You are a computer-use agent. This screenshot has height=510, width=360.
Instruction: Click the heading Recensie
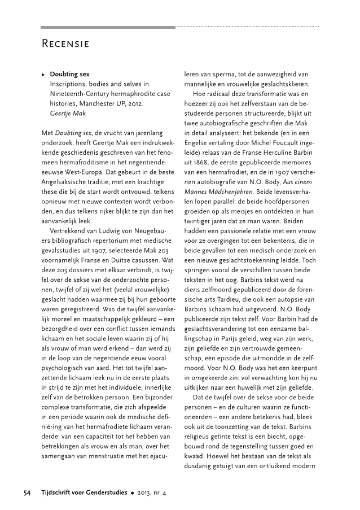(x=66, y=43)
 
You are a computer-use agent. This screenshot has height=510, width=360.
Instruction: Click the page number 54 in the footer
(x=27, y=492)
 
